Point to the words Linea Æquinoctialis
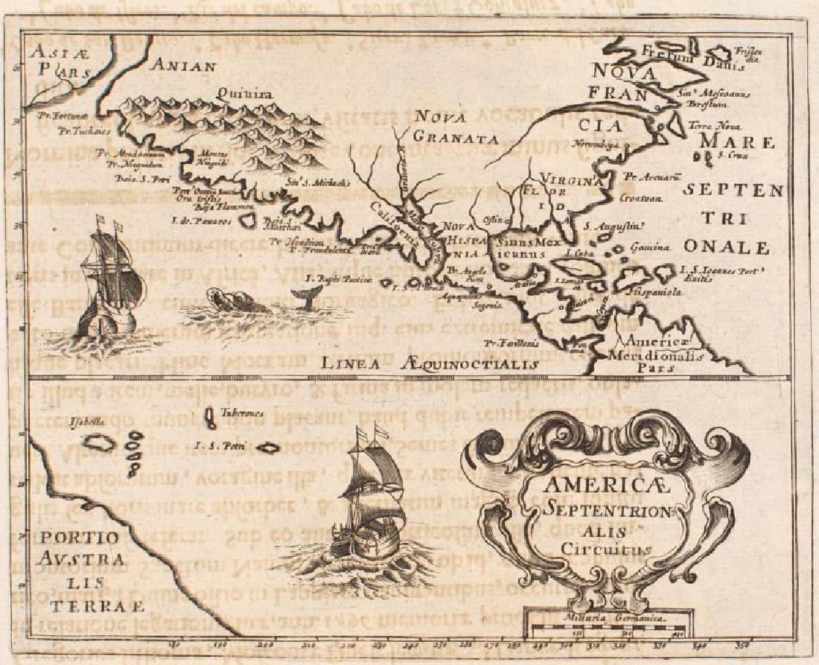click(x=430, y=363)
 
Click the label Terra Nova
click(x=711, y=127)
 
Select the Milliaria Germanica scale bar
click(x=604, y=630)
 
